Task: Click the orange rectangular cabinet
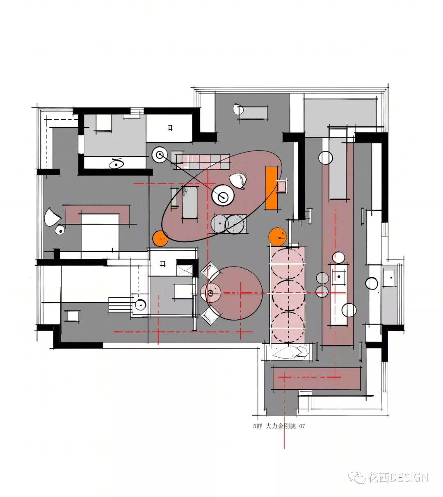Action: point(272,188)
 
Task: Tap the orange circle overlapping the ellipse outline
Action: point(160,238)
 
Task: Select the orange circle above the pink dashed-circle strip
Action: point(278,237)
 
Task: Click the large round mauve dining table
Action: point(234,293)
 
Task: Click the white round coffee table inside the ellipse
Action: point(223,196)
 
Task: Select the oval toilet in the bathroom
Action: point(116,163)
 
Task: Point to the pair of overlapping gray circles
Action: point(228,224)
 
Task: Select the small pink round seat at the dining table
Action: point(210,293)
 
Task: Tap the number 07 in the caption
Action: point(302,426)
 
